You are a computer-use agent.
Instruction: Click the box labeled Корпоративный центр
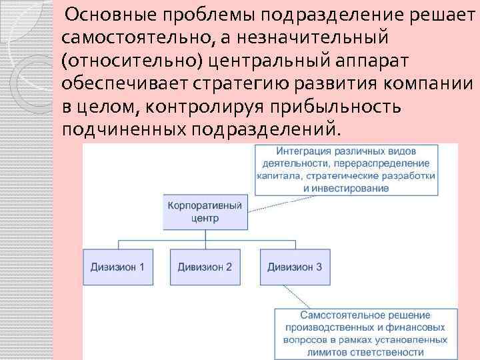pyautogui.click(x=203, y=211)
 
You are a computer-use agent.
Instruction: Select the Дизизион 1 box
pyautogui.click(x=118, y=267)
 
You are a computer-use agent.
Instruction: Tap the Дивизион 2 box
pyautogui.click(x=205, y=267)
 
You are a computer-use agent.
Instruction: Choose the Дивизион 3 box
pyautogui.click(x=295, y=267)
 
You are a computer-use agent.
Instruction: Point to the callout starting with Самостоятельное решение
pyautogui.click(x=365, y=333)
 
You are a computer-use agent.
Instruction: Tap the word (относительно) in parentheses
pyautogui.click(x=131, y=61)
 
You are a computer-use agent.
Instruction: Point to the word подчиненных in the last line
pyautogui.click(x=123, y=129)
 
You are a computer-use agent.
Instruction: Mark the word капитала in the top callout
pyautogui.click(x=277, y=176)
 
